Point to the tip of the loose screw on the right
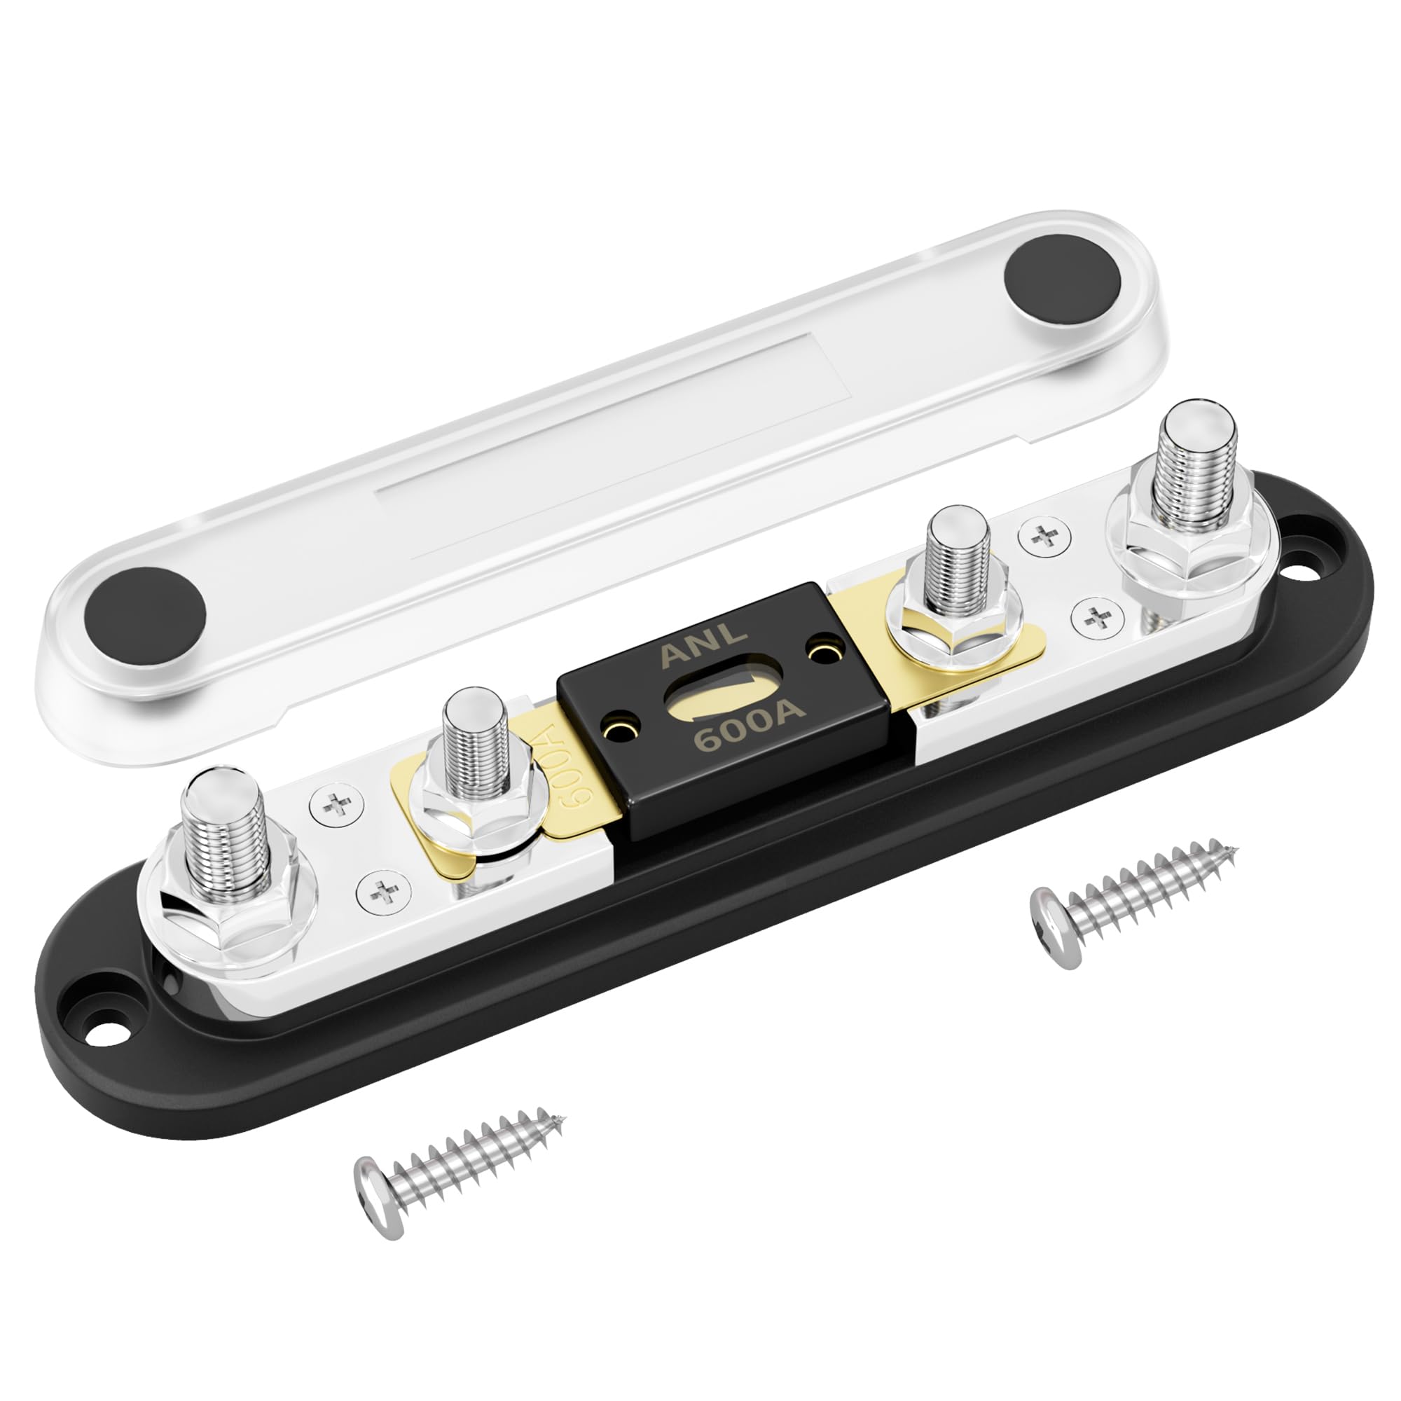(x=1234, y=846)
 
